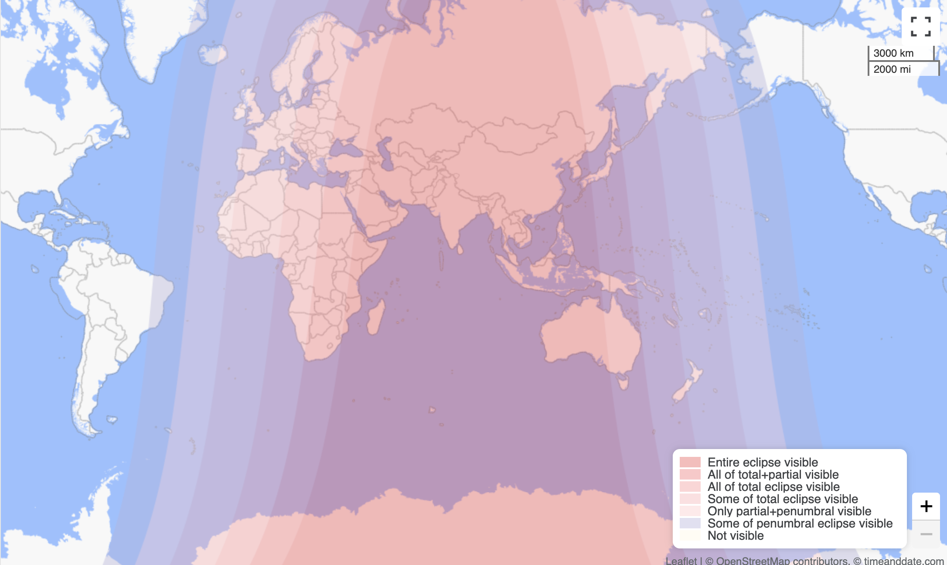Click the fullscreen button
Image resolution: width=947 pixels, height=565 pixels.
pyautogui.click(x=920, y=26)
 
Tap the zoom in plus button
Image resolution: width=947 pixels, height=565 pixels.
pyautogui.click(x=926, y=506)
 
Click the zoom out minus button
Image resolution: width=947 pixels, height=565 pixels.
pyautogui.click(x=926, y=534)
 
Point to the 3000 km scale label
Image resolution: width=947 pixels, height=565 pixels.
pyautogui.click(x=893, y=53)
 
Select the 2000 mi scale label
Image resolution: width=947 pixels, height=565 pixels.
pyautogui.click(x=892, y=69)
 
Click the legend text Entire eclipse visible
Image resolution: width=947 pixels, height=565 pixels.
pyautogui.click(x=763, y=462)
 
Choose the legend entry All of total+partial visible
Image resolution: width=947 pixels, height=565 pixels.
pyautogui.click(x=773, y=474)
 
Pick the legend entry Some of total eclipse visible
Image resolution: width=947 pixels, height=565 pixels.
pyautogui.click(x=782, y=499)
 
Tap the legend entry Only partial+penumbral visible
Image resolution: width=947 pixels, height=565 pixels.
pyautogui.click(x=789, y=511)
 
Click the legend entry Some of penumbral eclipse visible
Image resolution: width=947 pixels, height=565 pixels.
pyautogui.click(x=800, y=523)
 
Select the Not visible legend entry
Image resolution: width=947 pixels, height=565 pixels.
pyautogui.click(x=736, y=535)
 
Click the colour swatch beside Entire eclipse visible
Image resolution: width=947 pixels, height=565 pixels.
pyautogui.click(x=690, y=462)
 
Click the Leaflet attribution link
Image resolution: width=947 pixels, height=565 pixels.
pyautogui.click(x=681, y=561)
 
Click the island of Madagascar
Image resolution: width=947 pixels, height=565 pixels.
pyautogui.click(x=375, y=317)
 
